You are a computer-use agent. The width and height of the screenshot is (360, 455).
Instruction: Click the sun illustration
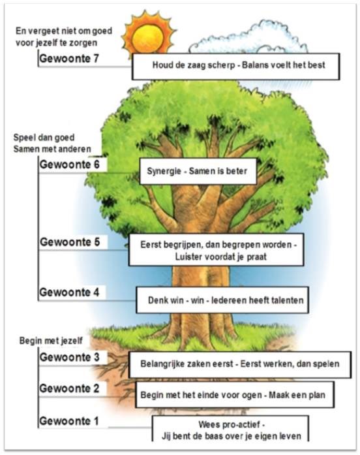[x=148, y=35]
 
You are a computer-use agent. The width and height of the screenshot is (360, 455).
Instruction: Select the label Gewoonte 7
[x=69, y=58]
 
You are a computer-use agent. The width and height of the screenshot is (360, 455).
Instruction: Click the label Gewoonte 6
[x=70, y=165]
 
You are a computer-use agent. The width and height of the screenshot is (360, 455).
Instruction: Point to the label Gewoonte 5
[x=70, y=242]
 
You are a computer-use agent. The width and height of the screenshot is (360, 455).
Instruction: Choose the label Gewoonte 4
[x=69, y=292]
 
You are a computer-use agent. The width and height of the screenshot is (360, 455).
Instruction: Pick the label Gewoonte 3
[x=69, y=357]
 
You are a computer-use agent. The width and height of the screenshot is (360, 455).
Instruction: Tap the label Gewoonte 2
[x=69, y=388]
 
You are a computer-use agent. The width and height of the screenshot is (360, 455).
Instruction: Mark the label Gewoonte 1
[x=69, y=421]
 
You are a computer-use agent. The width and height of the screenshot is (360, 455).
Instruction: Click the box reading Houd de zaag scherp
[x=235, y=67]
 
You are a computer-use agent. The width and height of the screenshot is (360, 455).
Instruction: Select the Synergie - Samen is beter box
[x=198, y=171]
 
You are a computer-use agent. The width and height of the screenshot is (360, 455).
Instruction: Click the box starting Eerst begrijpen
[x=217, y=250]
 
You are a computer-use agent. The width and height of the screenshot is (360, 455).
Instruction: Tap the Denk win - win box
[x=222, y=300]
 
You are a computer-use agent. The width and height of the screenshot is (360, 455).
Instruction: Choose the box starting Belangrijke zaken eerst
[x=240, y=365]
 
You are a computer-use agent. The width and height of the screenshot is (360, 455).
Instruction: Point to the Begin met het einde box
[x=235, y=395]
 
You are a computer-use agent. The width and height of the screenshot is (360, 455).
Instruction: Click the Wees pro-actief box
[x=230, y=429]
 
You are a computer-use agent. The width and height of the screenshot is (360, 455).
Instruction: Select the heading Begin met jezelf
[x=51, y=340]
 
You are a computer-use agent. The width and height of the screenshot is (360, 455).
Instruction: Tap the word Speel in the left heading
[x=23, y=138]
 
